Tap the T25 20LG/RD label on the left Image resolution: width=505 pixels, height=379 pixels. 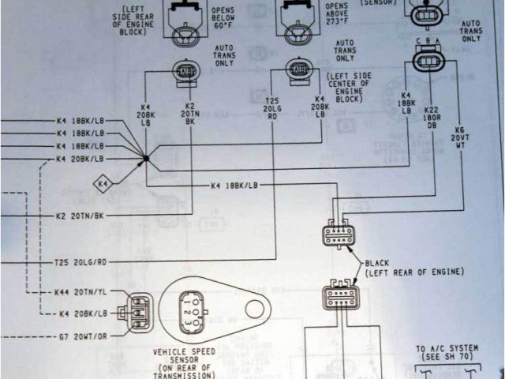(x=80, y=261)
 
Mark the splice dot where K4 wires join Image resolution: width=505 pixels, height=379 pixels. (x=146, y=159)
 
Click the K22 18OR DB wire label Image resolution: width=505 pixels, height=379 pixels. (x=432, y=118)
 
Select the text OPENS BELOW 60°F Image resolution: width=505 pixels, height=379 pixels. (x=224, y=12)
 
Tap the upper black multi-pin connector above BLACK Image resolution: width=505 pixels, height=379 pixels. (x=339, y=236)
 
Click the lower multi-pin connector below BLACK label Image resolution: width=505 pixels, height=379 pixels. (x=340, y=297)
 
